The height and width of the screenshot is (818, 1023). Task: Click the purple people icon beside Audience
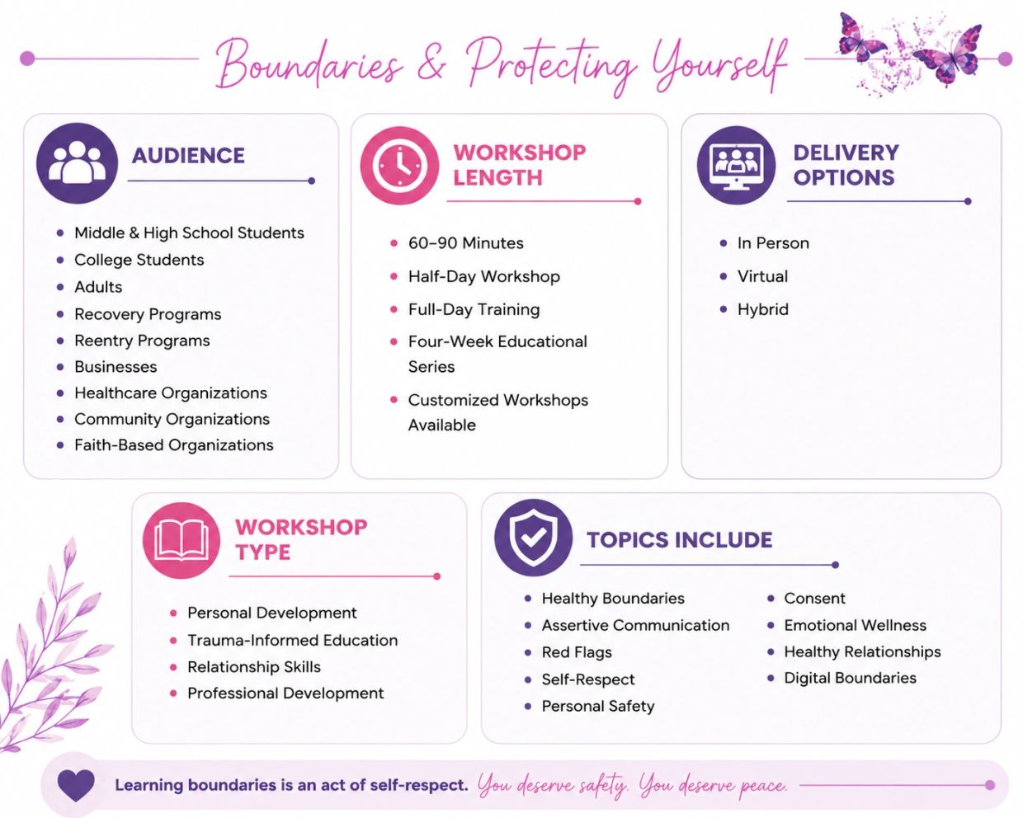click(x=77, y=163)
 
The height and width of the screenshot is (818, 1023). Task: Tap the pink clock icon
click(x=399, y=166)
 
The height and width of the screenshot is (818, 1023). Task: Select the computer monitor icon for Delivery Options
click(x=736, y=165)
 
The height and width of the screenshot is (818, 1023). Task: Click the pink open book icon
click(x=181, y=540)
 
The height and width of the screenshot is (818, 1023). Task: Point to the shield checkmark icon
click(x=533, y=537)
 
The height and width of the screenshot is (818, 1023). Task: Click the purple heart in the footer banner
click(x=76, y=785)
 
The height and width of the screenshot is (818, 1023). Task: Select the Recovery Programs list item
click(x=148, y=314)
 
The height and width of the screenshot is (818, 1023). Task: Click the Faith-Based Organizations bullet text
click(x=174, y=445)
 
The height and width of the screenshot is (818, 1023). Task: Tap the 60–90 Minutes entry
click(x=466, y=243)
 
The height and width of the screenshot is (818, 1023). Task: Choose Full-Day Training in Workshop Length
click(x=474, y=309)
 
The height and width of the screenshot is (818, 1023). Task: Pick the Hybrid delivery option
click(x=763, y=309)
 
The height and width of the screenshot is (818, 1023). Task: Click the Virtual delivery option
click(x=762, y=276)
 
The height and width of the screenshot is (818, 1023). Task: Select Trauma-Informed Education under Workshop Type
click(x=292, y=640)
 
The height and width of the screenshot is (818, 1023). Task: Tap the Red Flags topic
click(x=577, y=652)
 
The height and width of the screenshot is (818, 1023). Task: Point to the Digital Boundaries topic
click(x=850, y=678)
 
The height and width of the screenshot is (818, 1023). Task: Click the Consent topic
click(x=815, y=598)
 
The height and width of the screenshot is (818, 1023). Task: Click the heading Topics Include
click(x=679, y=540)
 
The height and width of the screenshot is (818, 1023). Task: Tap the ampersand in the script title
click(x=431, y=64)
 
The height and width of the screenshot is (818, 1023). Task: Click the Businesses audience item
click(x=115, y=367)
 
